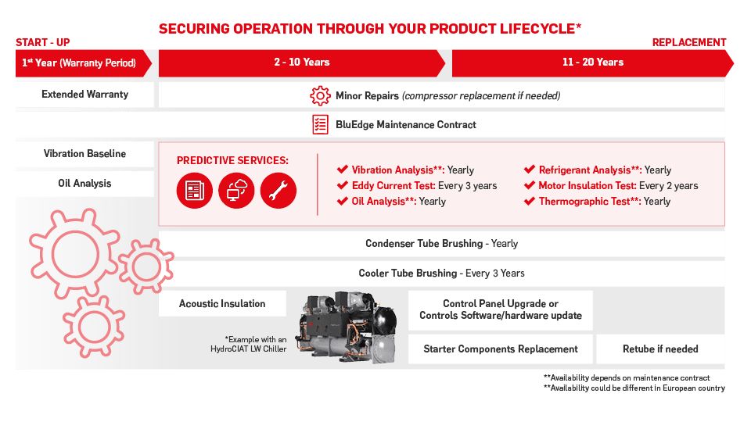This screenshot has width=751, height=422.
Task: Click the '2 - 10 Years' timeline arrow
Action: click(302, 63)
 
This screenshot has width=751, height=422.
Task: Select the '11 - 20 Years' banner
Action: click(592, 63)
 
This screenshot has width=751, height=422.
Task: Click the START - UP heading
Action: click(42, 42)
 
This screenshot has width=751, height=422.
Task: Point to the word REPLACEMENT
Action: click(689, 42)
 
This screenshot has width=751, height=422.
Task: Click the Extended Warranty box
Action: click(84, 95)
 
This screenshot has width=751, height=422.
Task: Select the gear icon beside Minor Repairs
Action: click(320, 95)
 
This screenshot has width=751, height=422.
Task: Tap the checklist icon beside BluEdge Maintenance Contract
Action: click(320, 124)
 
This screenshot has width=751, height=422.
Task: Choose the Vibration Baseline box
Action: click(84, 154)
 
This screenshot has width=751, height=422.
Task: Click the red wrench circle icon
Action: click(278, 191)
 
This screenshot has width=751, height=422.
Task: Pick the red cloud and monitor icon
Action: click(236, 191)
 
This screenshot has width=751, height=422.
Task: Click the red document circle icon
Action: click(195, 191)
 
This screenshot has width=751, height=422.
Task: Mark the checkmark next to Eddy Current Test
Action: click(342, 185)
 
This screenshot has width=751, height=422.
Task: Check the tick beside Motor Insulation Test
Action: click(530, 185)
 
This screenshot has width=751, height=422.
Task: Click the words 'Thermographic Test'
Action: click(584, 202)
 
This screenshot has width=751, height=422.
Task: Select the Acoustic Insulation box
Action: click(222, 303)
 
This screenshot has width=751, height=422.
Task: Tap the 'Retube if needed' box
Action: click(660, 349)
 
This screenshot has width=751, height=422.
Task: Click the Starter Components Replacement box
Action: click(501, 349)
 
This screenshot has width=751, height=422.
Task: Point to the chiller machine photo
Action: click(347, 327)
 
